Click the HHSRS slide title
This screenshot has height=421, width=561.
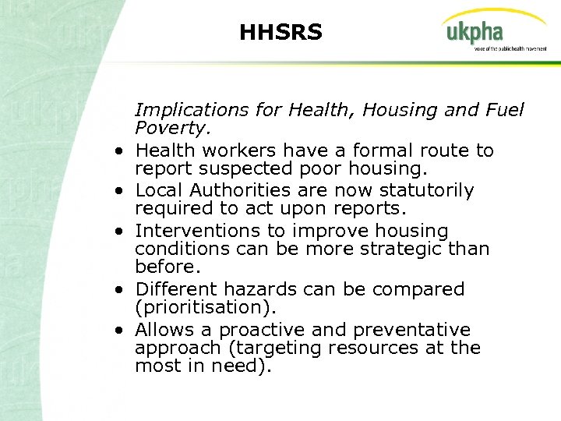(x=280, y=33)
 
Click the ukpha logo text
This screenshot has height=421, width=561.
(x=475, y=33)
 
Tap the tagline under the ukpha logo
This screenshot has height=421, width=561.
(x=510, y=48)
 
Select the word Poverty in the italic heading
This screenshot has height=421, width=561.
(x=166, y=128)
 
